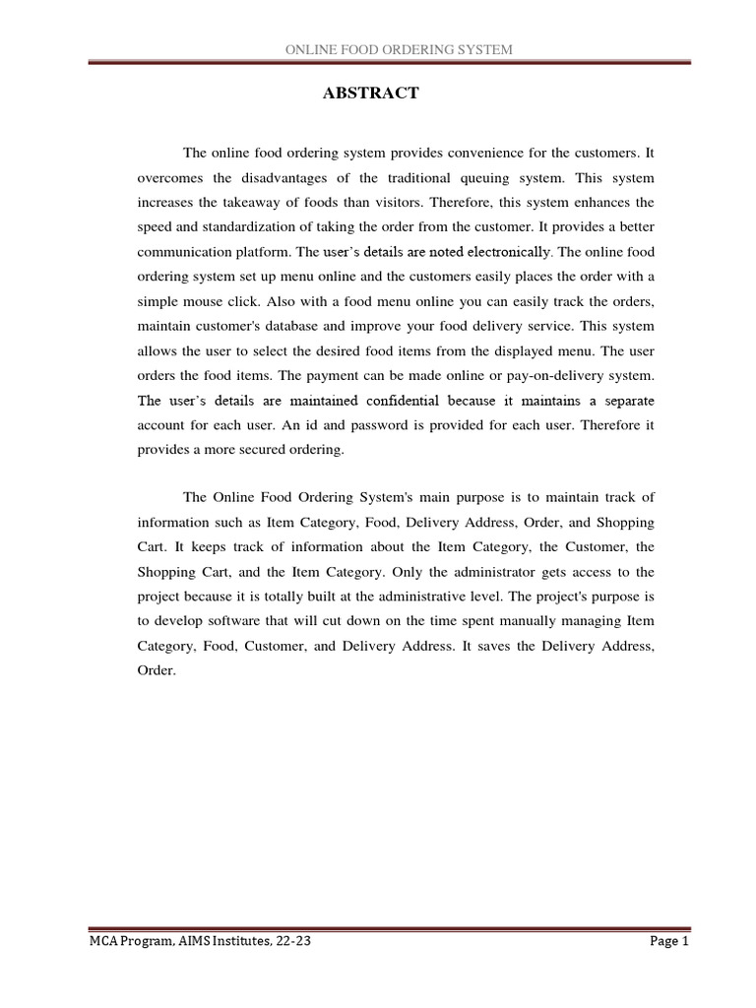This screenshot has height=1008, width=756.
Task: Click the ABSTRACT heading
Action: point(371,94)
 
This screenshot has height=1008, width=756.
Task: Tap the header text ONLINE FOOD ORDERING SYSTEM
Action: point(398,49)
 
